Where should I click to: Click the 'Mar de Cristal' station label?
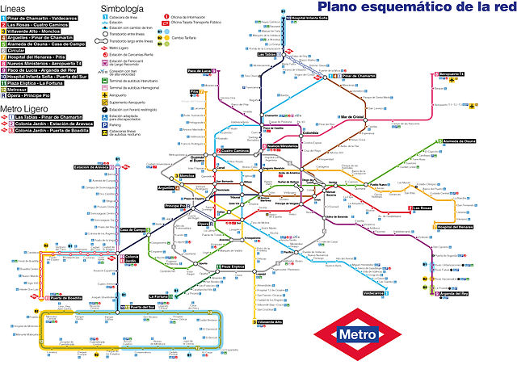tap(355, 116)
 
